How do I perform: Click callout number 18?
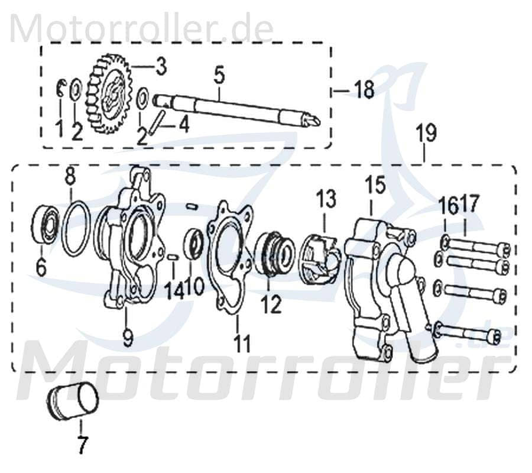click(x=364, y=90)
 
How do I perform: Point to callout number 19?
click(x=426, y=134)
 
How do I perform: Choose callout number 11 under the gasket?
click(x=242, y=343)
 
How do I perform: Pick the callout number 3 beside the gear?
click(x=161, y=66)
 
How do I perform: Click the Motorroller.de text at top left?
click(x=142, y=28)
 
